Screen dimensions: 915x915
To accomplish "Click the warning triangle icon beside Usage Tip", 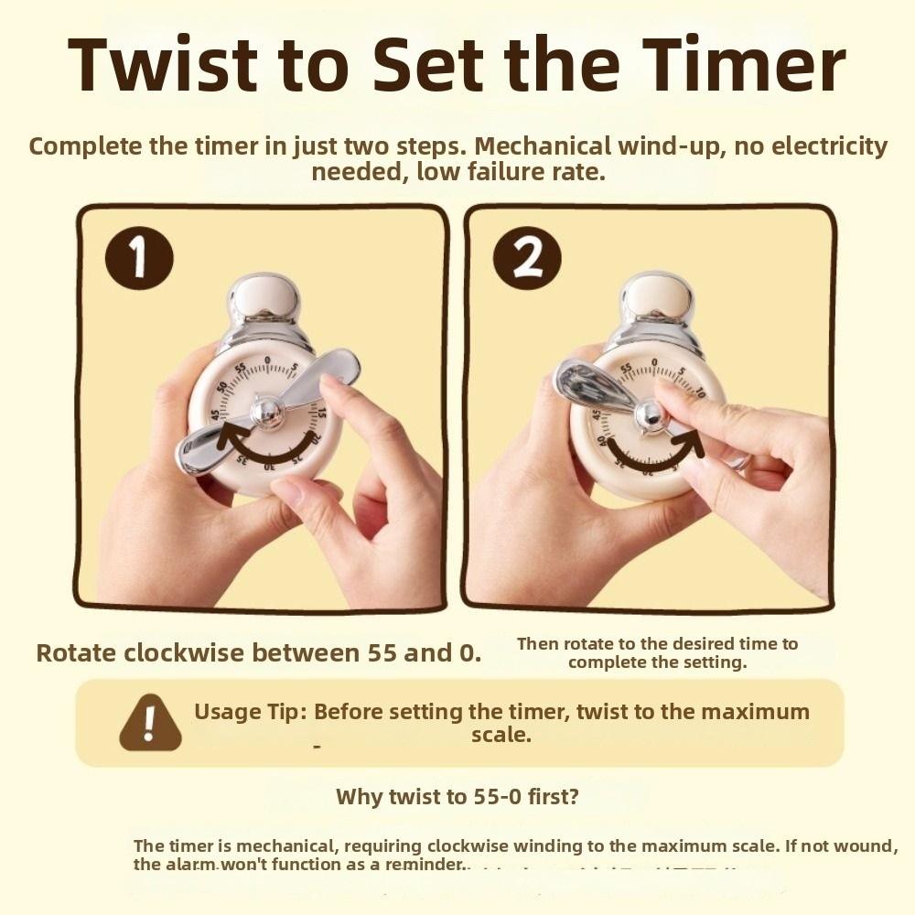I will [150, 723].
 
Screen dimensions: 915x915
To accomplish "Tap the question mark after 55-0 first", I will [573, 796].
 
